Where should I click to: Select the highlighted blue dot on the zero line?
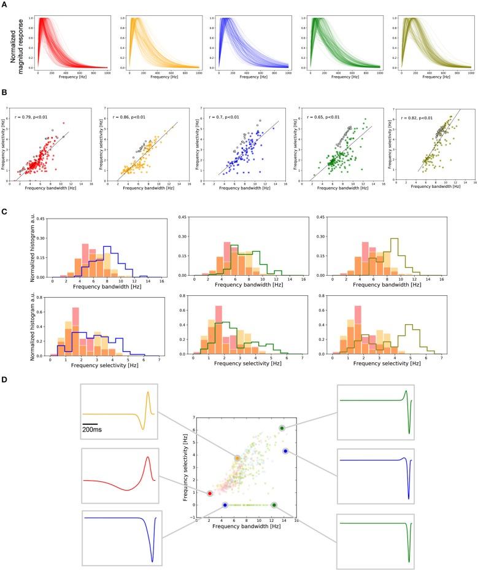point(225,505)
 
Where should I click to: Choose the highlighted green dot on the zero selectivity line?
point(274,505)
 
